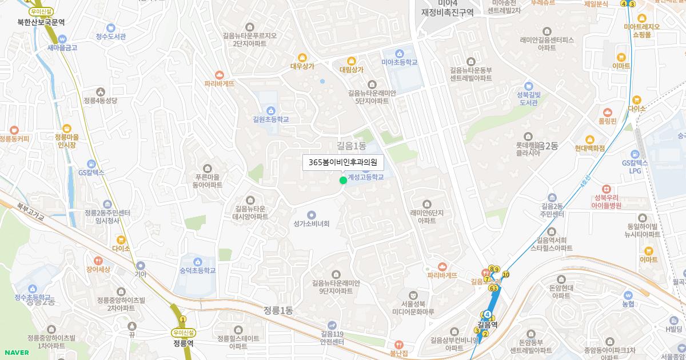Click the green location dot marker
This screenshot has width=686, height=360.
343,181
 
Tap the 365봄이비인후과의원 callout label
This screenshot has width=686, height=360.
343,162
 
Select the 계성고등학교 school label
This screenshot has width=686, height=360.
366,177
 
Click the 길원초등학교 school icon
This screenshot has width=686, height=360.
270,110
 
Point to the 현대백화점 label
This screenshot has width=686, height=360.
590,148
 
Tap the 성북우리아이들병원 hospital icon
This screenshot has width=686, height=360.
607,189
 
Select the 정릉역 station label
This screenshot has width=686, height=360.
183,343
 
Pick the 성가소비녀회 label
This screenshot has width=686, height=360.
312,223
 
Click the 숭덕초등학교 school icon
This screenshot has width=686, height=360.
198,262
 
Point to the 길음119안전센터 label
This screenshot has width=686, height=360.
332,338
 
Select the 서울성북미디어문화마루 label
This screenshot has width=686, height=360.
413,307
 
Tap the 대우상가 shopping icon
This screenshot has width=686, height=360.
302,57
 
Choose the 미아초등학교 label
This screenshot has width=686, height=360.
400,62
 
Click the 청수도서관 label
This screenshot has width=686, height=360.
111,36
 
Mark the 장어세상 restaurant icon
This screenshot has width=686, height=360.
98,260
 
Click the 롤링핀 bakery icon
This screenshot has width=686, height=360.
607,112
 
